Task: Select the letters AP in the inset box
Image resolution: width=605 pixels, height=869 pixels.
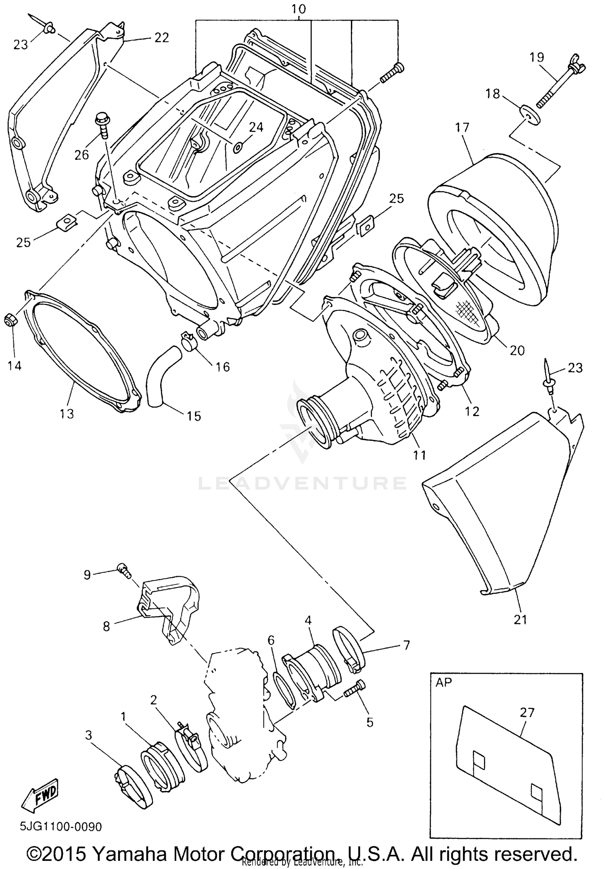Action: (x=444, y=682)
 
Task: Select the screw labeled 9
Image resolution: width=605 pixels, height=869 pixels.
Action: (x=123, y=569)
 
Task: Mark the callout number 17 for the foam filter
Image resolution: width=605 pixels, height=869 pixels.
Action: (x=462, y=128)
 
